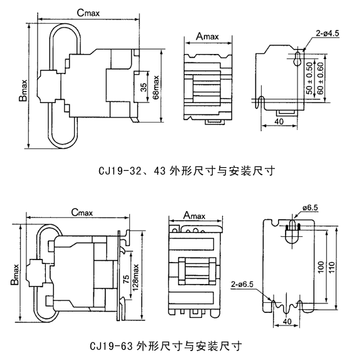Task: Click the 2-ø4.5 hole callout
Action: pos(328,33)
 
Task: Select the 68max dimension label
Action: pos(156,87)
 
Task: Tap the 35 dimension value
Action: pos(144,87)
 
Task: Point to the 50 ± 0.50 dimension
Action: pos(309,79)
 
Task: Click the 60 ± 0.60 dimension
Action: pos(320,79)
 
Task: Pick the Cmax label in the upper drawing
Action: pos(88,13)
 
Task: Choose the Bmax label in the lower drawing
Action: pos(14,275)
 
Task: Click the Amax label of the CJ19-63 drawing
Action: pos(195,215)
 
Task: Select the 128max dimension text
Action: pos(135,277)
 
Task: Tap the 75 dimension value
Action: pos(126,279)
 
